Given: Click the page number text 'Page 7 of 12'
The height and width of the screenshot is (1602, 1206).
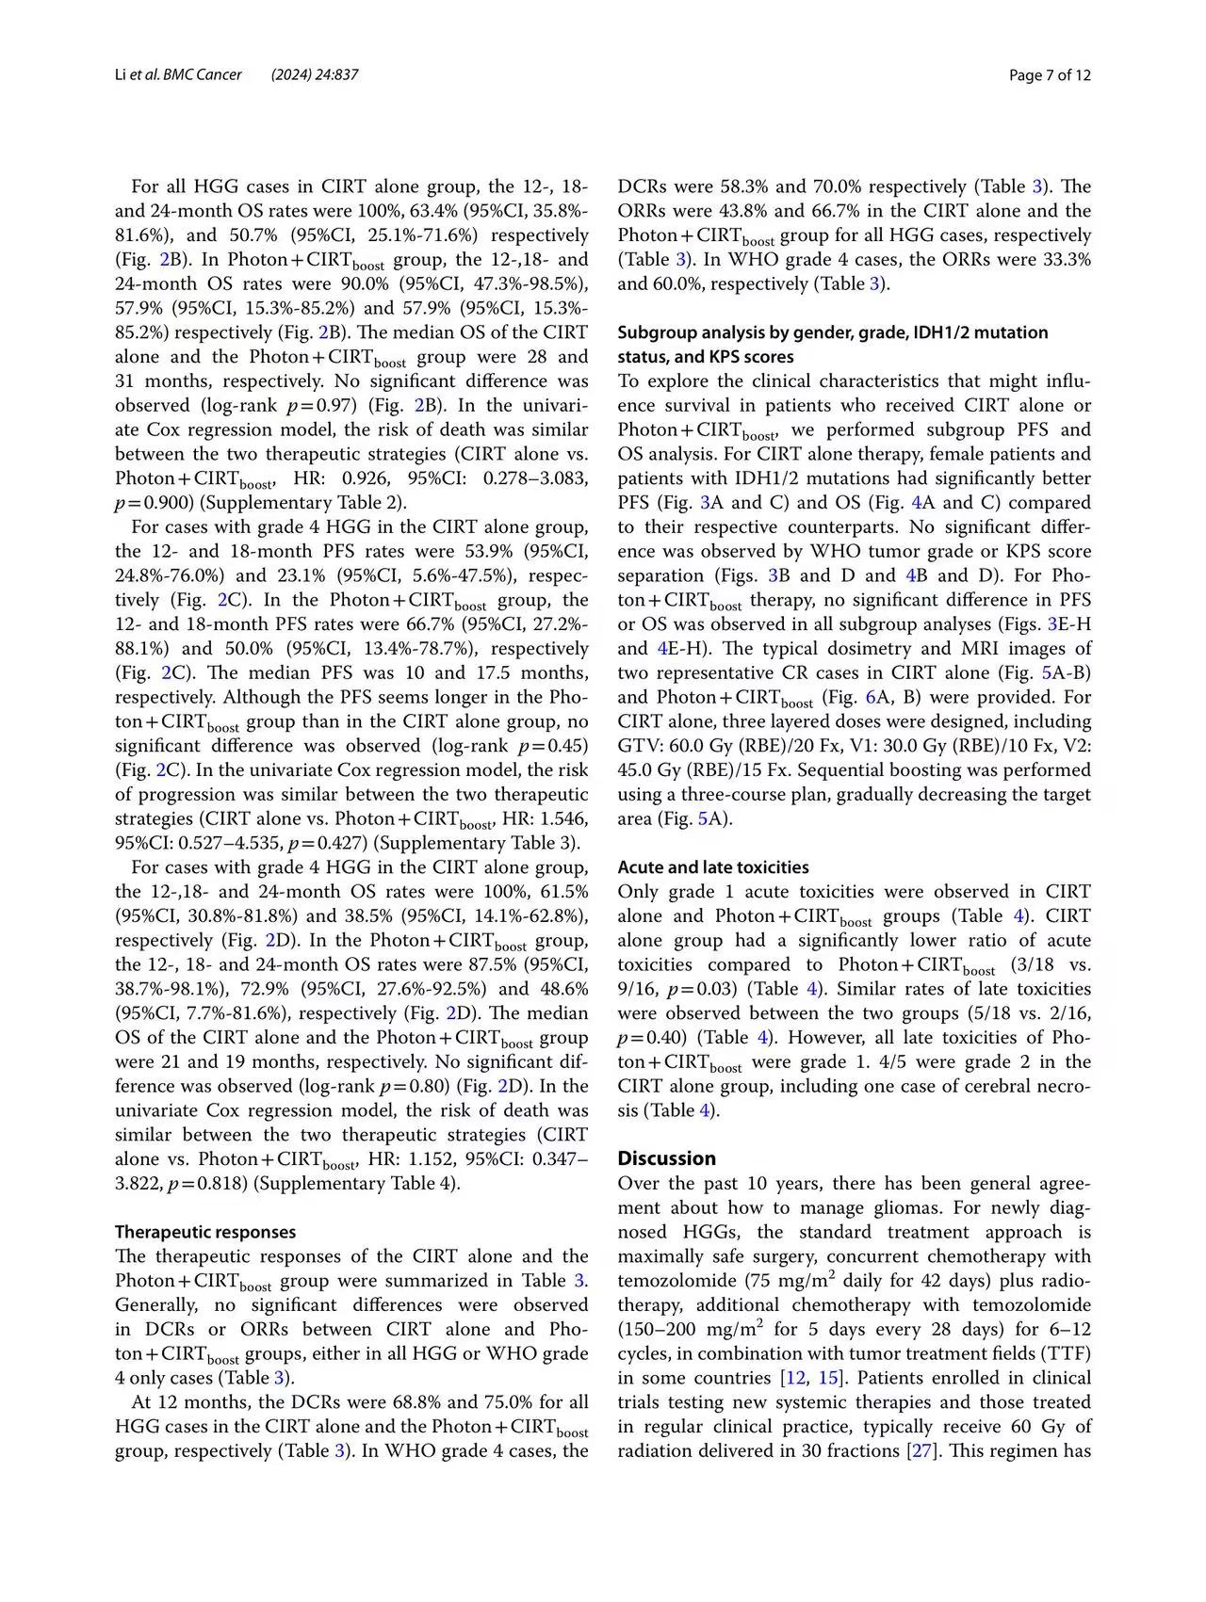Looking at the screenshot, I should click(x=1050, y=75).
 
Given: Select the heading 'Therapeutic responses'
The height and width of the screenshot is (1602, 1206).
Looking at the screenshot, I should click(x=205, y=1232).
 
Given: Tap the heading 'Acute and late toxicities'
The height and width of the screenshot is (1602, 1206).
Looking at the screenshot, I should click(x=713, y=867).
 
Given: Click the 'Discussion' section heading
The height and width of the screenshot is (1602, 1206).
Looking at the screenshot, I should click(x=667, y=1158).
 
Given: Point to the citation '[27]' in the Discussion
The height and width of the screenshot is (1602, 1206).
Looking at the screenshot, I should click(x=920, y=1451).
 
